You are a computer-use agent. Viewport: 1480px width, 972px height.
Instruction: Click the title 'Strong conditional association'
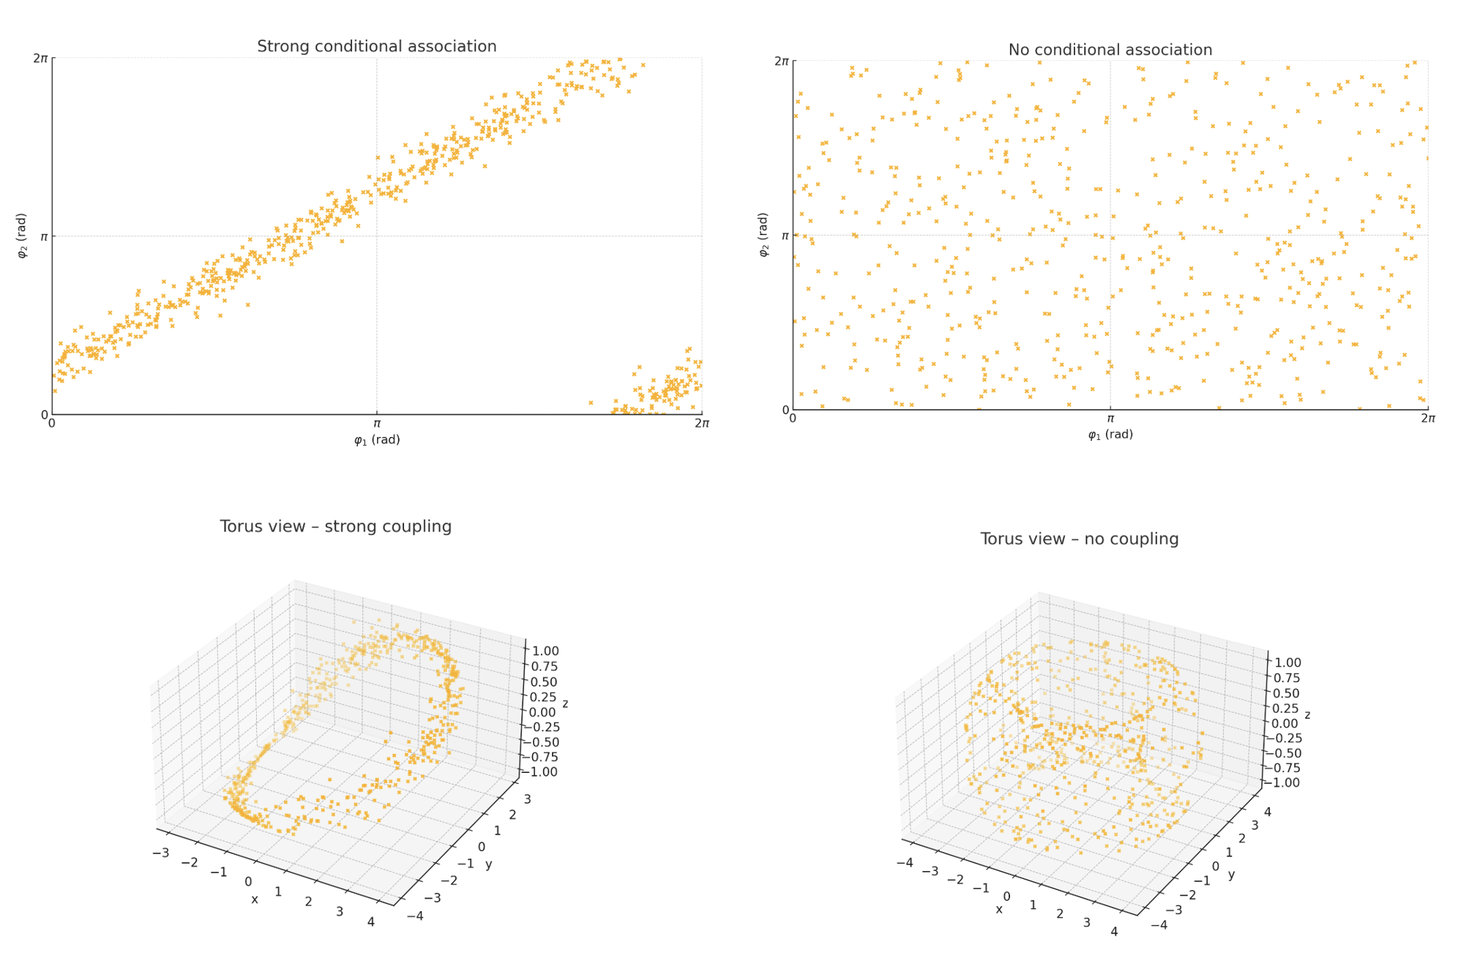click(376, 46)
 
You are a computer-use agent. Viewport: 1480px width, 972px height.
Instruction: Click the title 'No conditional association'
click(1110, 50)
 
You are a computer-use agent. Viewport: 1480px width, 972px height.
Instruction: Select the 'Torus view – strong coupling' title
click(335, 526)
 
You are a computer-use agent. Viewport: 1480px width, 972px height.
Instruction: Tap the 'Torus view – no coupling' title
click(1079, 539)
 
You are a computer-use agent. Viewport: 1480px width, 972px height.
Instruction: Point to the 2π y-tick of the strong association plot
click(40, 58)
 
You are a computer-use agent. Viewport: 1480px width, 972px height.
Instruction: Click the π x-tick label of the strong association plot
click(377, 423)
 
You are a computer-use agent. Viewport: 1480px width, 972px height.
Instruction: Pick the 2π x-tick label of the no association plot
click(1427, 418)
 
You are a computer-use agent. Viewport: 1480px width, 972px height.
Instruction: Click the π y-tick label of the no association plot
click(785, 236)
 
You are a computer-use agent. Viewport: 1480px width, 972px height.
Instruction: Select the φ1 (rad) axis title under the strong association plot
click(377, 440)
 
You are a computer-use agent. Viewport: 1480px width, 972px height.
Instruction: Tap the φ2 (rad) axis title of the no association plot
click(763, 235)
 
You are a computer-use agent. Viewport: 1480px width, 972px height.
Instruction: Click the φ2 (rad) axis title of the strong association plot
click(22, 236)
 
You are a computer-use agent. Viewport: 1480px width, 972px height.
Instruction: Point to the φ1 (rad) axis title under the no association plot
click(1110, 435)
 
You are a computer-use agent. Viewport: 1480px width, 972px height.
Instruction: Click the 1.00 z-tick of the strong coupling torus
click(545, 651)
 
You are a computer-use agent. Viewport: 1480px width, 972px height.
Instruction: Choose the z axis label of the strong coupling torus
click(565, 703)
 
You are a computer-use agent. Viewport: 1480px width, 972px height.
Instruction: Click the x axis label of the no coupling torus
click(999, 909)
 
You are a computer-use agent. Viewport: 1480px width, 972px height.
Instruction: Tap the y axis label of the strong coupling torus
click(488, 864)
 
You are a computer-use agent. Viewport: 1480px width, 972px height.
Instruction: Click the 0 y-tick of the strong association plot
click(44, 414)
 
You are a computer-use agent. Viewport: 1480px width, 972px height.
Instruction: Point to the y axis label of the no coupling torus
click(1231, 875)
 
